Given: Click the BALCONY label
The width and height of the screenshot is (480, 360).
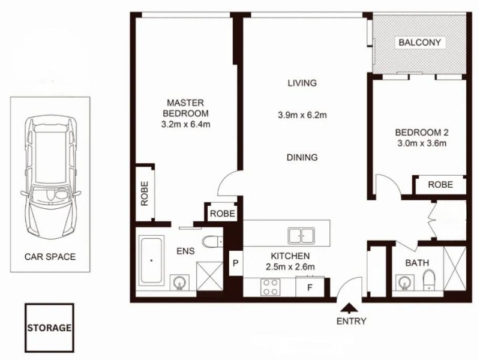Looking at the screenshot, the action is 419,42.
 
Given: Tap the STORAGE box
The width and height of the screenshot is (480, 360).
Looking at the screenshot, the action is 49,328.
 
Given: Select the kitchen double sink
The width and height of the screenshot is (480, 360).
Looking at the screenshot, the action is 301,236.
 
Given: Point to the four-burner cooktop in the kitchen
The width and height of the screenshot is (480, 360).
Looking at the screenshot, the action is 271,287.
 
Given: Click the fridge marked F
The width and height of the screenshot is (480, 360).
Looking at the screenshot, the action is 310,287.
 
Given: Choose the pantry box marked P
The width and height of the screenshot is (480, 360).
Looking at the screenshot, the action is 236,263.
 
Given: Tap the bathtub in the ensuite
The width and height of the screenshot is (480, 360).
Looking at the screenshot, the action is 151,260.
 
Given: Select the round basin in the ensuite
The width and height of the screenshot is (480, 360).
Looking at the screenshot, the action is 179,282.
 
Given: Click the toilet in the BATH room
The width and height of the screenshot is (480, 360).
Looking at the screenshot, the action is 429,279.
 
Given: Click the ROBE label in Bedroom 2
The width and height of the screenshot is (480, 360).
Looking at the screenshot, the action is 440,185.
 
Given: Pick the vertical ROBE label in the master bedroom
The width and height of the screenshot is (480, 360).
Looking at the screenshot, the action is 145,193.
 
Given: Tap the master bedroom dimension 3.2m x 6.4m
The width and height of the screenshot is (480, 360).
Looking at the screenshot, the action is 185,124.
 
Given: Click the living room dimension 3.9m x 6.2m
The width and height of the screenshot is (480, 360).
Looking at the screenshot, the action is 302,115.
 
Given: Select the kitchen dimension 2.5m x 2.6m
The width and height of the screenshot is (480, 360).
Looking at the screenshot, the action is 290,267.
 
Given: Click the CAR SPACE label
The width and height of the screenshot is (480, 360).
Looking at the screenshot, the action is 50,257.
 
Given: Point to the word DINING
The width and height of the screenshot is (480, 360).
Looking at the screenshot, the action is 302,157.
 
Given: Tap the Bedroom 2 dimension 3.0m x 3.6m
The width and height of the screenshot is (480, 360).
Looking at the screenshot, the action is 422,143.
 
